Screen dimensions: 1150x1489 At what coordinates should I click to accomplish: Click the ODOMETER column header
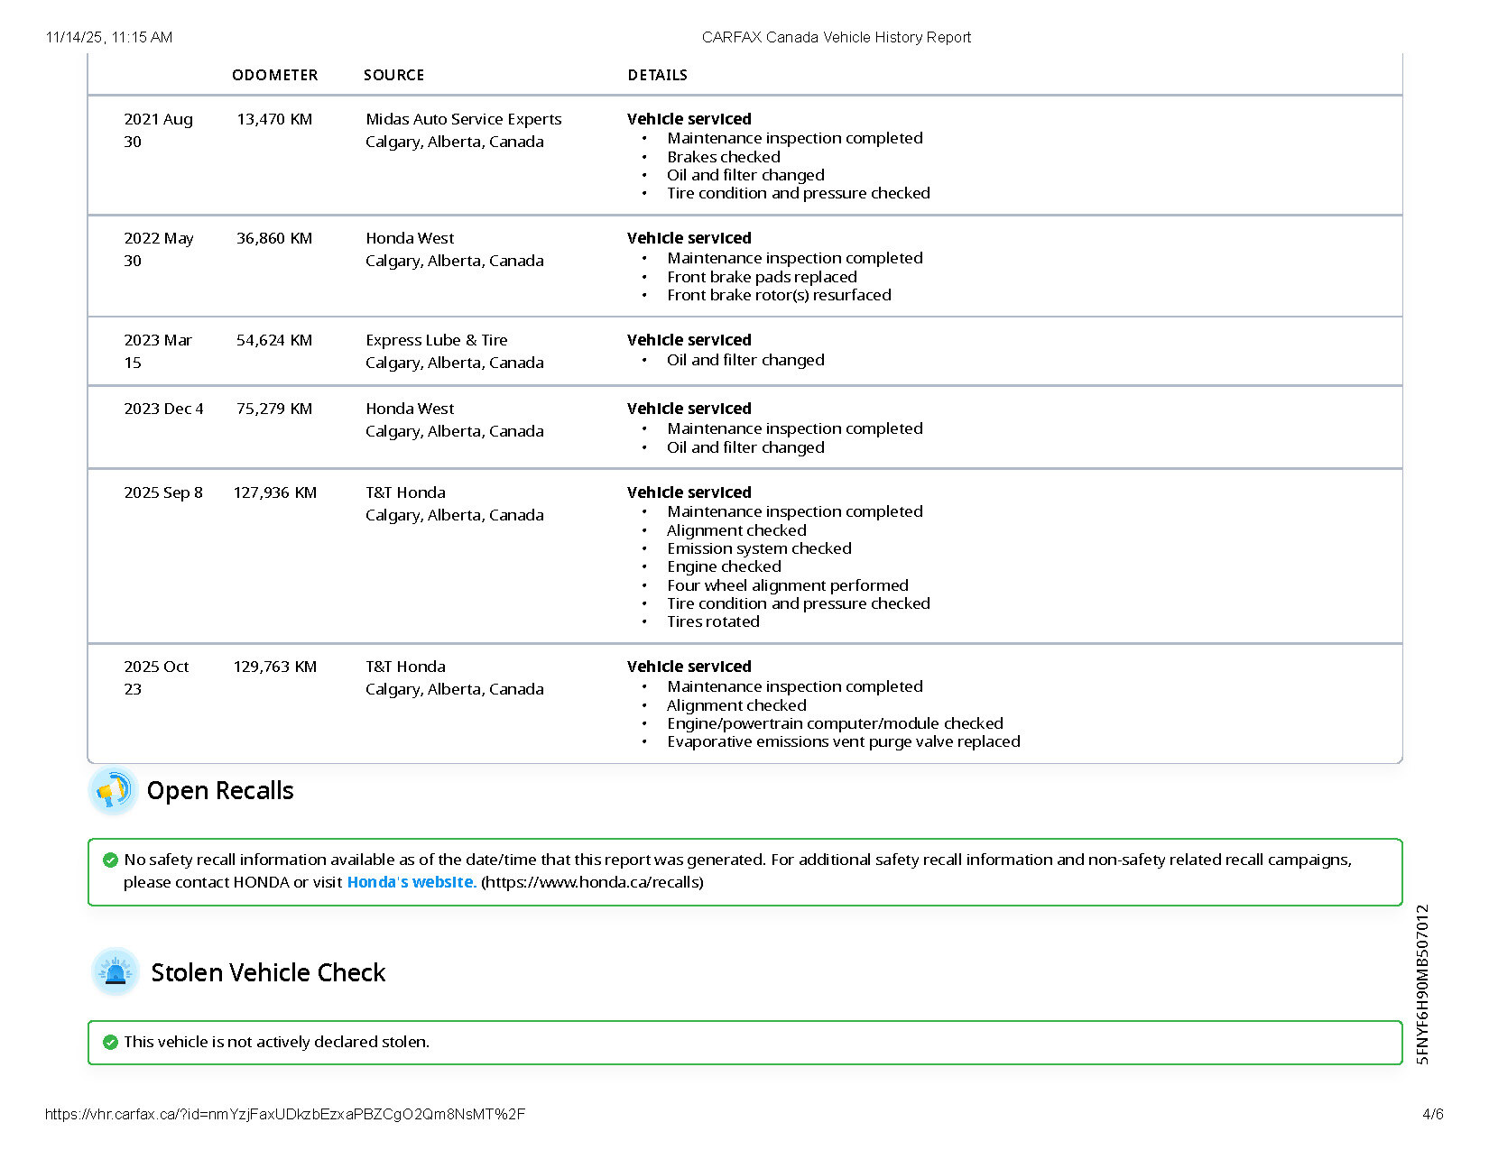point(274,75)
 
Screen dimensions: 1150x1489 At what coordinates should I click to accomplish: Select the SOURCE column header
point(393,75)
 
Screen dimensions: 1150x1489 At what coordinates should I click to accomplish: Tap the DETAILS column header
point(657,75)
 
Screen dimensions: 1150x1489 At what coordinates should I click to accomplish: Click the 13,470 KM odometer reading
point(274,119)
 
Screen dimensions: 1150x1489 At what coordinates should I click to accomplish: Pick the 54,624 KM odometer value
point(274,340)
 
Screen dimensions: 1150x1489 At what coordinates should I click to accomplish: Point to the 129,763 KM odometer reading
point(274,667)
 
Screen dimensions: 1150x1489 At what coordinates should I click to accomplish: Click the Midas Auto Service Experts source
point(463,119)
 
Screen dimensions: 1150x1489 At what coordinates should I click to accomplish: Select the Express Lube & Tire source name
point(436,340)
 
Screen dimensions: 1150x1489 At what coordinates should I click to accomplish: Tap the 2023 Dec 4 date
point(163,409)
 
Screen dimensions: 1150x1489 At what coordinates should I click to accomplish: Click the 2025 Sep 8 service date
point(163,492)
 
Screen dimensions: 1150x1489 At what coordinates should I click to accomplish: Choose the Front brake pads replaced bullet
point(762,277)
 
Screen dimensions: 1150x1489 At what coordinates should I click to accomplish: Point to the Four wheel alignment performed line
point(787,585)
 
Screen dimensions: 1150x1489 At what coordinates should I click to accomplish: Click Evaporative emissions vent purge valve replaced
point(843,741)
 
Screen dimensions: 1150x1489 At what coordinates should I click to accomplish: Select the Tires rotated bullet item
point(713,621)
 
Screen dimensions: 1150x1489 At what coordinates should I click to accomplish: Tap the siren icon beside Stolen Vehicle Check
point(116,972)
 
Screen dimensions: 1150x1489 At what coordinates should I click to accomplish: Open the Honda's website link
point(411,882)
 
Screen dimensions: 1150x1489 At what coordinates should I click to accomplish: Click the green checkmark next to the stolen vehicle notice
point(110,1043)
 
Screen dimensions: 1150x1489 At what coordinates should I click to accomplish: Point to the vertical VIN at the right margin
point(1423,984)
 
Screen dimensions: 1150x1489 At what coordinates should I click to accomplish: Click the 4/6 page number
point(1432,1114)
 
